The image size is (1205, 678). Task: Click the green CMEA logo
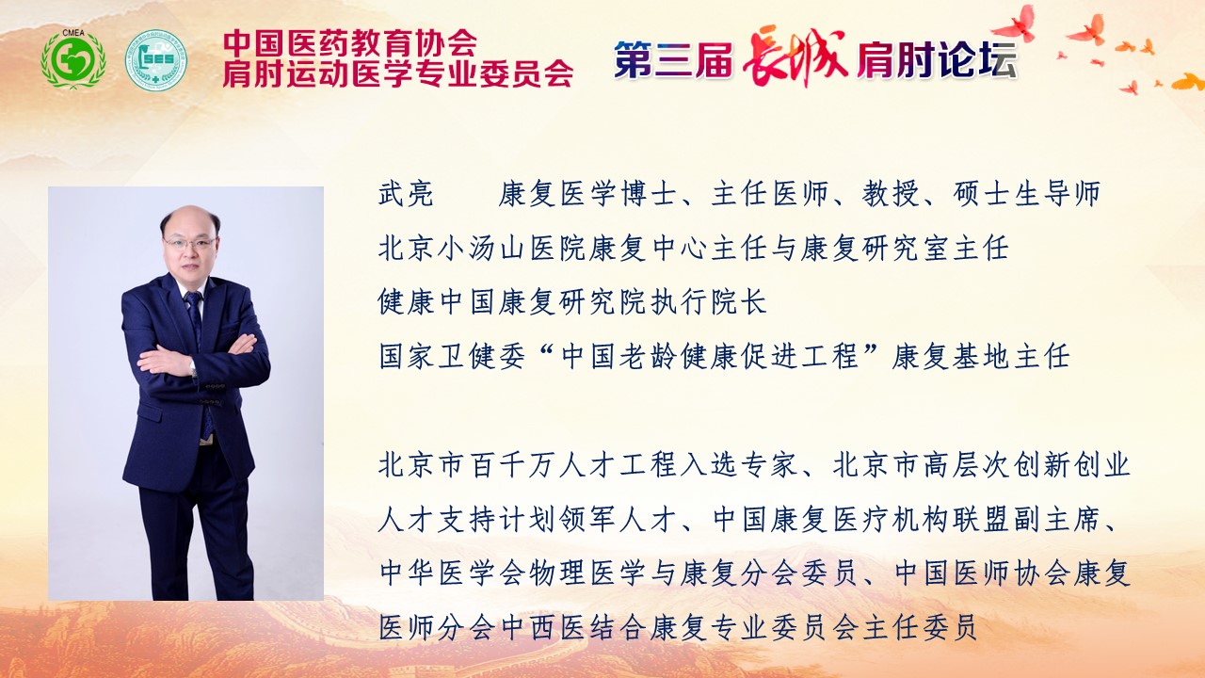pos(73,58)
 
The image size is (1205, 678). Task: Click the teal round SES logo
pos(156,59)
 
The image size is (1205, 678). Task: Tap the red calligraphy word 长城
pos(795,56)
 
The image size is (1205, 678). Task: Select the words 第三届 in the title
pos(673,59)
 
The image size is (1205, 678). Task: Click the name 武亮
pos(406,194)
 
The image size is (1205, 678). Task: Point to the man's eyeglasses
pos(190,243)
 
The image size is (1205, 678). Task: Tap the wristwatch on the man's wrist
pos(193,368)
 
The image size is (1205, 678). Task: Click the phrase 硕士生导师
pos(1026,194)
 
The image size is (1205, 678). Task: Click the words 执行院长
pos(708,302)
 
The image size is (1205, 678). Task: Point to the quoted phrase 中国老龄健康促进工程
pos(710,356)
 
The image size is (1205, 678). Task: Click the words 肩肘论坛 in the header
pos(937,59)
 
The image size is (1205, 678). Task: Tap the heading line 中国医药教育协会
pos(349,42)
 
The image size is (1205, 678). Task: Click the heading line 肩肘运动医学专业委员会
pos(397,73)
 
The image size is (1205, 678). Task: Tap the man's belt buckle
pos(207,442)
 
